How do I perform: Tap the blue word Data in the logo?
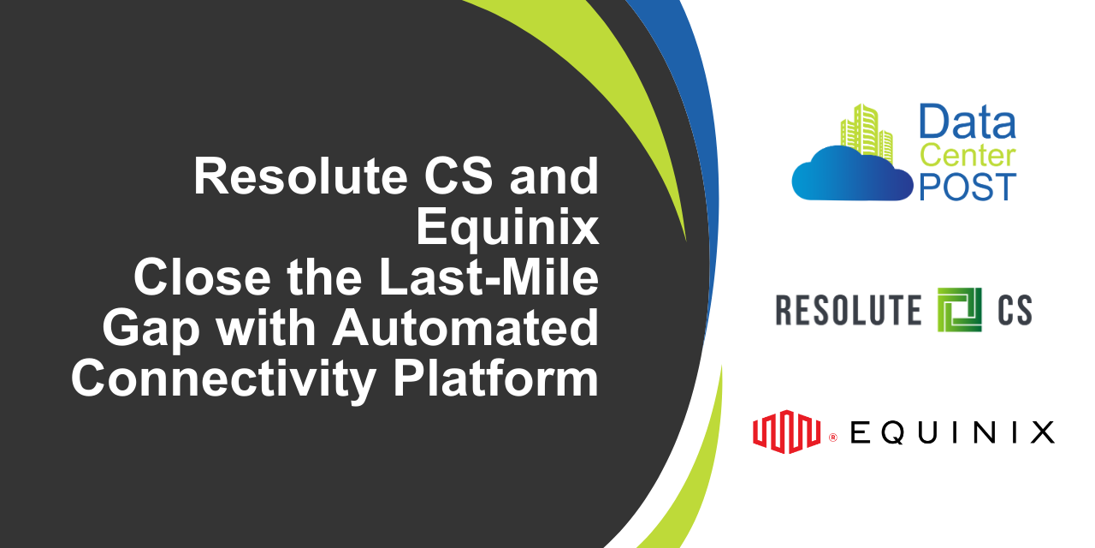point(968,122)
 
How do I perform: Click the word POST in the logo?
point(968,187)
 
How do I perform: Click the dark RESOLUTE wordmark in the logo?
point(849,310)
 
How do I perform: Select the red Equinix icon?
point(787,431)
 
